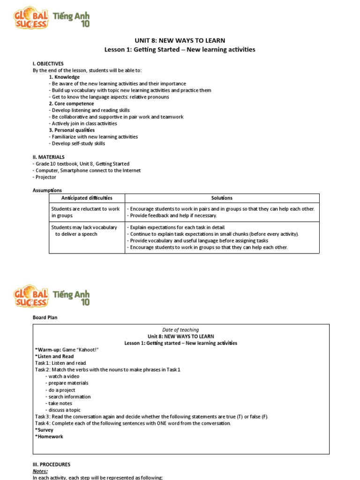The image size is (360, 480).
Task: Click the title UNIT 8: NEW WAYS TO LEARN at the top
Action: (x=180, y=40)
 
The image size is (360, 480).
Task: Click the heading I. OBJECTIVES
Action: (x=48, y=63)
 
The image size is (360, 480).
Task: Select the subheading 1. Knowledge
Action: (x=64, y=77)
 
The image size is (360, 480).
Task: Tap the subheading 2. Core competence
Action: (x=71, y=104)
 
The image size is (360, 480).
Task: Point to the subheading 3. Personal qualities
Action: (x=72, y=130)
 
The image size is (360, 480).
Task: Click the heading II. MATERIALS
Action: (x=49, y=157)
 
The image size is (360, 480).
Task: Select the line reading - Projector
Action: (x=45, y=177)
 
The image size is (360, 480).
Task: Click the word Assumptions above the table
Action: (x=47, y=190)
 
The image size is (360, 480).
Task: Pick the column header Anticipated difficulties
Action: (x=87, y=198)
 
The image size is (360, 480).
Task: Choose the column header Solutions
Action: (x=222, y=198)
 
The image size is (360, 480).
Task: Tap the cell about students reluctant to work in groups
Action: (x=85, y=212)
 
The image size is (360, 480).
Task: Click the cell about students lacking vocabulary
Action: (x=84, y=231)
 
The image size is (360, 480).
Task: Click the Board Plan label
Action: (x=45, y=317)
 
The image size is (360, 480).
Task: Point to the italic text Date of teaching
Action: (x=180, y=330)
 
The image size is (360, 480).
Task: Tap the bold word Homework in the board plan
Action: (x=50, y=436)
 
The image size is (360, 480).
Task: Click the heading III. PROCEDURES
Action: (x=52, y=465)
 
